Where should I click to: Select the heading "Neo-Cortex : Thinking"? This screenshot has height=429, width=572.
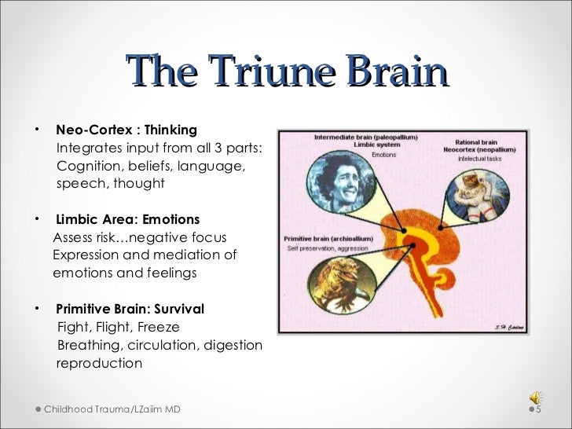[x=126, y=130]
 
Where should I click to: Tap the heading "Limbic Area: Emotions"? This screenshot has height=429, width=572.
[x=127, y=219]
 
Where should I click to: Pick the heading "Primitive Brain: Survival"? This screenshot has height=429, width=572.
[x=130, y=308]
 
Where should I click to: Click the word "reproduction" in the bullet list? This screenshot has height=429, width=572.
[x=99, y=364]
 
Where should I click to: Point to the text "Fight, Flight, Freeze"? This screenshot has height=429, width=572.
[x=118, y=327]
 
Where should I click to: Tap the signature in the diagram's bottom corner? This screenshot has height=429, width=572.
[x=510, y=326]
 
